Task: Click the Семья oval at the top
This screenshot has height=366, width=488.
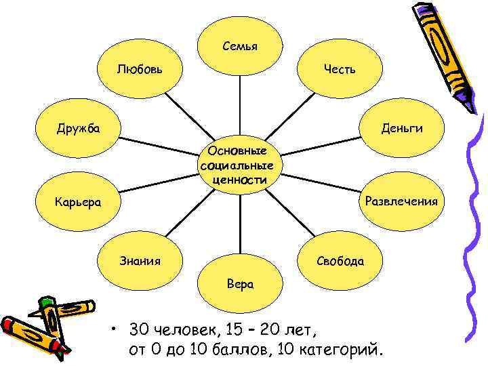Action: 240,46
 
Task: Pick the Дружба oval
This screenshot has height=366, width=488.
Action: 78,127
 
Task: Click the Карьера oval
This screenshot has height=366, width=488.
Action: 78,202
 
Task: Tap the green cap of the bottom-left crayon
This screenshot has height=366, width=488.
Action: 47,301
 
